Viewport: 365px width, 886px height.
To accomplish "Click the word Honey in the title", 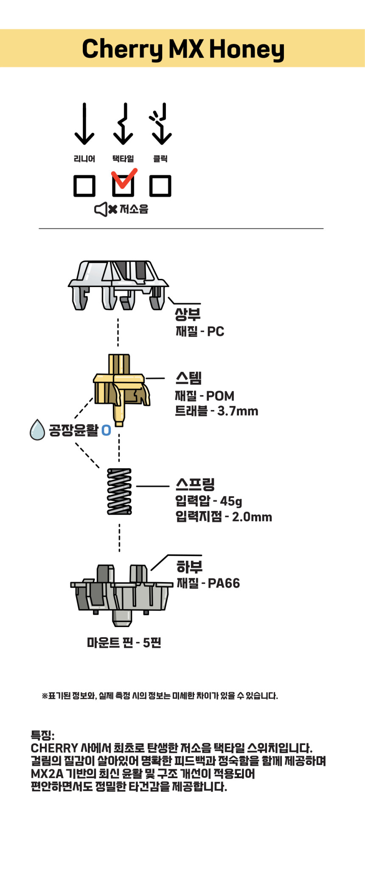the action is point(247,50).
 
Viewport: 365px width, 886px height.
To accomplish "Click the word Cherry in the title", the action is point(122,50).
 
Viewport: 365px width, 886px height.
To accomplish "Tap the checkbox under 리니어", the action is point(84,186).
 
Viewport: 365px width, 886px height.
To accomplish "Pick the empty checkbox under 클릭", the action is point(160,186).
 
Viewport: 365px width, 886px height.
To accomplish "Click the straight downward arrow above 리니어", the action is point(84,124).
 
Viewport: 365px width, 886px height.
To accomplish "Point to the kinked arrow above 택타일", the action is point(123,124).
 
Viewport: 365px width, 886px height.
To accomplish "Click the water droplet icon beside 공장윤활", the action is point(37,430).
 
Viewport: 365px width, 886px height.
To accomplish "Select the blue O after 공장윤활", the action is point(106,430).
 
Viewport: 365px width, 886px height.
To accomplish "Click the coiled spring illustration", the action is point(119,492).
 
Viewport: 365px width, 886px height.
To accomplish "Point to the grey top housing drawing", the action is point(118,285).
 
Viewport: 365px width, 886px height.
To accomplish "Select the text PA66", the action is point(224,583).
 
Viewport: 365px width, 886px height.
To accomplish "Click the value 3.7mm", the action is point(238,411).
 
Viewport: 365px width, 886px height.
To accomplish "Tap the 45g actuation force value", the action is point(231,501).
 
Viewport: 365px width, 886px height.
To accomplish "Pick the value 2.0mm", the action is point(252,517).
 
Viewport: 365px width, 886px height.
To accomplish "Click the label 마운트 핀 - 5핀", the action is point(124,643).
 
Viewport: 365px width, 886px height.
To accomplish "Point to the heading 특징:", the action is point(42,736).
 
